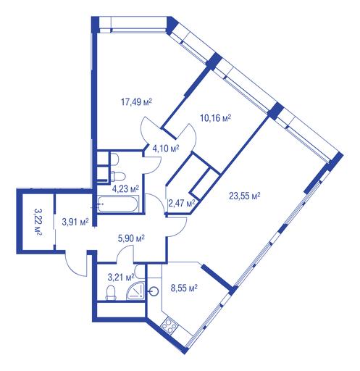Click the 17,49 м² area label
coord(136,102)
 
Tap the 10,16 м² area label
coord(216,118)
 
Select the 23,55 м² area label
coord(245,196)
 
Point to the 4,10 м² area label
coord(166,149)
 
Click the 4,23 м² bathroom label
coord(125,188)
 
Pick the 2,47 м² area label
coord(182,204)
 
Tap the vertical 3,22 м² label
coord(38,222)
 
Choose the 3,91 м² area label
coord(75,222)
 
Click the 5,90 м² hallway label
coord(131,238)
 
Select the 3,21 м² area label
coord(121,278)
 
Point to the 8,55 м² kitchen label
coord(184,288)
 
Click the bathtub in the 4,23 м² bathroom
coord(118,204)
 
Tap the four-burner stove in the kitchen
coord(169,326)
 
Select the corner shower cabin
coord(136,291)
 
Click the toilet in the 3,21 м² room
coord(111,293)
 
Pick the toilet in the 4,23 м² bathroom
coord(118,176)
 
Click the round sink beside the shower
coord(154,292)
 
